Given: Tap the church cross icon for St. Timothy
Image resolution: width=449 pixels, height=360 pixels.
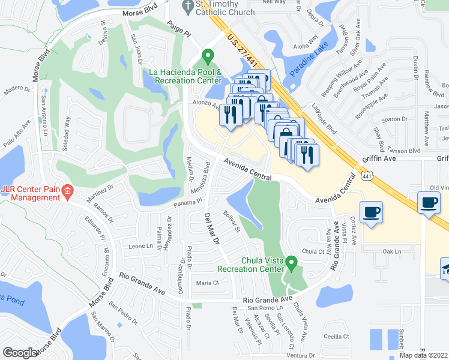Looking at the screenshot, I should (x=187, y=5).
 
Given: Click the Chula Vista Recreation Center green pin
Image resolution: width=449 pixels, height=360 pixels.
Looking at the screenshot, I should (x=292, y=263).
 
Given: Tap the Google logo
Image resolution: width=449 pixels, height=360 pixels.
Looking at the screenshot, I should (x=19, y=353).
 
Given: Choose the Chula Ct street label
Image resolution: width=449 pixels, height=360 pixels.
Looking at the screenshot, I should (x=313, y=251).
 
